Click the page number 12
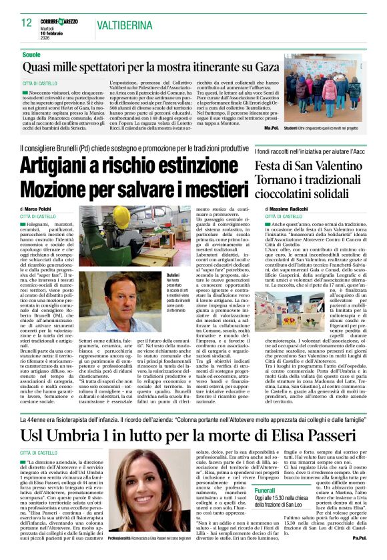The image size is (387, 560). pyautogui.click(x=27, y=23)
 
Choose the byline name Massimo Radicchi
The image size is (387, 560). pyautogui.click(x=292, y=209)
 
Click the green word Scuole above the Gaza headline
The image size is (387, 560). pyautogui.click(x=31, y=53)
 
